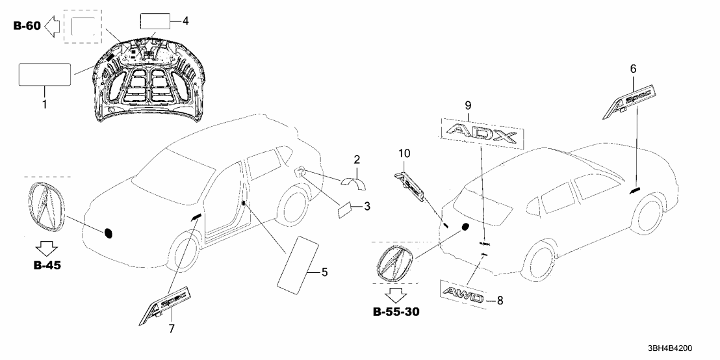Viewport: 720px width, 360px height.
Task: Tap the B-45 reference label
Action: click(x=46, y=265)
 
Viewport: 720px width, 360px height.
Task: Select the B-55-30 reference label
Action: click(x=396, y=313)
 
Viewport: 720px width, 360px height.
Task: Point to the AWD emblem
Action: click(x=462, y=295)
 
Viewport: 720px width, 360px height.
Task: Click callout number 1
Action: click(x=45, y=105)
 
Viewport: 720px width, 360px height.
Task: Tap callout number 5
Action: click(x=324, y=272)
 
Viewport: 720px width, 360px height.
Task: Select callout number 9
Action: click(x=468, y=105)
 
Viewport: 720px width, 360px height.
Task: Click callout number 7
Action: click(x=172, y=329)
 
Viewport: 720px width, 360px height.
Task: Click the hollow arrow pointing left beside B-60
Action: click(x=54, y=26)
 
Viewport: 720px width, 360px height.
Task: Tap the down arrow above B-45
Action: click(x=46, y=249)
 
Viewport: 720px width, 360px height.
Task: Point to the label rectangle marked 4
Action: click(x=155, y=21)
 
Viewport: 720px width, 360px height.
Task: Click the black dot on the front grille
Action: click(x=109, y=233)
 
